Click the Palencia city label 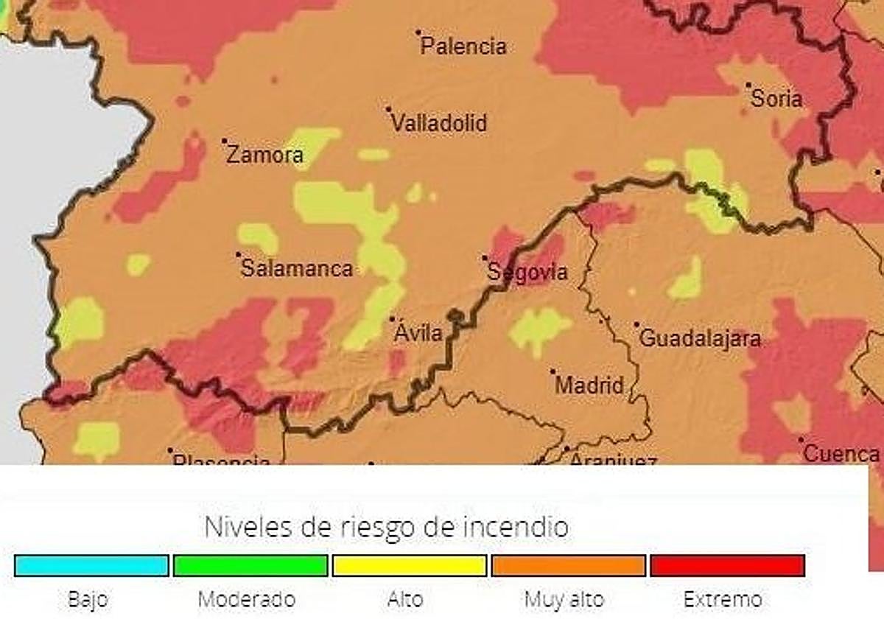tap(463, 47)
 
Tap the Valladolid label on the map tap(439, 123)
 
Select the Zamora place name tap(264, 155)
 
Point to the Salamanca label tap(297, 269)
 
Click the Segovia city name tap(528, 273)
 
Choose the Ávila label tap(418, 333)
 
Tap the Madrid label tap(589, 385)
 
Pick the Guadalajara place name tap(700, 339)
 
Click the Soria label tap(776, 99)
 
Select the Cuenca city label tap(841, 454)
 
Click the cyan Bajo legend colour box tap(91, 565)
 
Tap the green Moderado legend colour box tap(250, 565)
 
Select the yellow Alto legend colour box tap(410, 565)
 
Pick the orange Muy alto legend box tap(569, 565)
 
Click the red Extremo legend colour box tap(728, 565)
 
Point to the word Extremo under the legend tap(723, 599)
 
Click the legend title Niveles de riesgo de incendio tap(386, 527)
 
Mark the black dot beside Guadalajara tap(637, 324)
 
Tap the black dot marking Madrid tap(552, 371)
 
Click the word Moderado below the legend tap(247, 599)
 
